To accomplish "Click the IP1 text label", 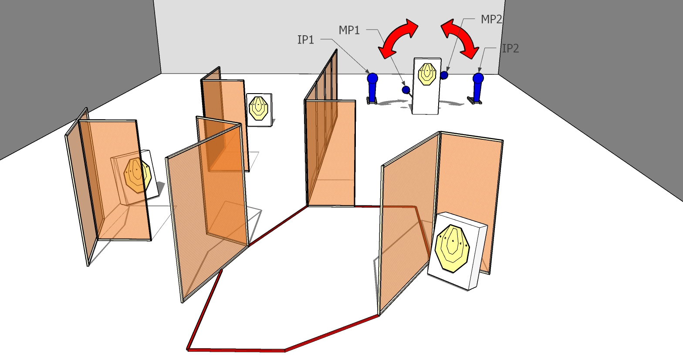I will click(306, 40).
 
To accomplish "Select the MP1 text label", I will click(349, 30).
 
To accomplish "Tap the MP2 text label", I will click(491, 19).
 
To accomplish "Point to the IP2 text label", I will click(511, 48).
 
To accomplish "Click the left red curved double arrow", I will click(398, 38).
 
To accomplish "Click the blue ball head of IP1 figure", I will click(372, 78).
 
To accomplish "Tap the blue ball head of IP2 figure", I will click(478, 78).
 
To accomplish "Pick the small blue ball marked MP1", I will click(406, 90).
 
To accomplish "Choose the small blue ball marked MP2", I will click(444, 75).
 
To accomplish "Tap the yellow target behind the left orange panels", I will click(138, 175).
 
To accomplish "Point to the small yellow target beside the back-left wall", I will click(259, 108).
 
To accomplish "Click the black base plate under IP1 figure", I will click(372, 102).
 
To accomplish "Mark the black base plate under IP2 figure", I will click(475, 101).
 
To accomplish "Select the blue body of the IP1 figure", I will click(372, 91).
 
